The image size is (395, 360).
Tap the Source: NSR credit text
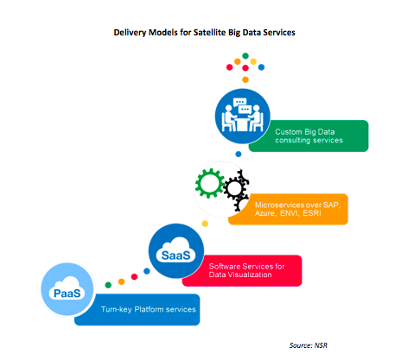(x=309, y=345)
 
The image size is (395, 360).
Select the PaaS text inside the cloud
(x=67, y=294)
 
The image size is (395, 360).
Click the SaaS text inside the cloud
(x=175, y=256)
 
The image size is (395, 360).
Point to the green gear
(x=209, y=183)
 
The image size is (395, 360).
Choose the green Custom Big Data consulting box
(x=309, y=136)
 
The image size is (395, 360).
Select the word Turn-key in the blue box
(x=117, y=310)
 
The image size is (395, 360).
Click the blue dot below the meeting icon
(x=239, y=154)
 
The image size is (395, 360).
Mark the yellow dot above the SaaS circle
(x=205, y=224)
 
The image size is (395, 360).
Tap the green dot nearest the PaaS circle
(x=108, y=285)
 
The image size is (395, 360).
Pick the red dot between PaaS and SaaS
(x=134, y=276)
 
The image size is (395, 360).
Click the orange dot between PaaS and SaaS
(x=122, y=281)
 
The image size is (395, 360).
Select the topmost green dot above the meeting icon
(x=245, y=56)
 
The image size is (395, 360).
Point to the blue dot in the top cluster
(x=261, y=67)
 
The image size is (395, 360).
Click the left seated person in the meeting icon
(x=228, y=118)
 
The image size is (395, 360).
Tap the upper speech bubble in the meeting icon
(x=239, y=102)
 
